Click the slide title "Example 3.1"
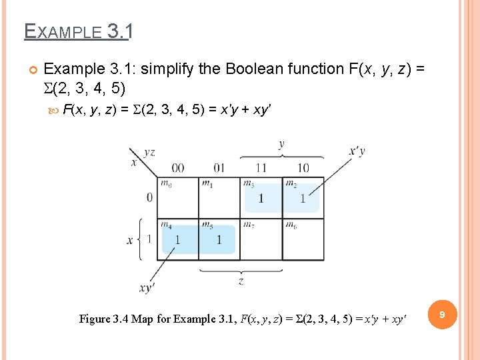pyautogui.click(x=79, y=31)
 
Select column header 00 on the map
pyautogui.click(x=178, y=167)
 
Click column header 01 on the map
pyautogui.click(x=219, y=167)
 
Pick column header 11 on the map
pyautogui.click(x=261, y=167)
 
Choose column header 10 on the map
pyautogui.click(x=303, y=167)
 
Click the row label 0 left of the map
pyautogui.click(x=149, y=197)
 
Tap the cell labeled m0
pyautogui.click(x=178, y=198)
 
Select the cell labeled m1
pyautogui.click(x=219, y=198)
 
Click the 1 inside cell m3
pyautogui.click(x=261, y=199)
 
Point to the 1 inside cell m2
pyautogui.click(x=303, y=199)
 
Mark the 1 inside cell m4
pyautogui.click(x=177, y=240)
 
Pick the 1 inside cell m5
pyautogui.click(x=219, y=240)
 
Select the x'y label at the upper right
pyautogui.click(x=357, y=151)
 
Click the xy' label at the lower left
pyautogui.click(x=147, y=288)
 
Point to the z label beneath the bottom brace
pyautogui.click(x=241, y=281)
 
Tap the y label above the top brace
pyautogui.click(x=281, y=144)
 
